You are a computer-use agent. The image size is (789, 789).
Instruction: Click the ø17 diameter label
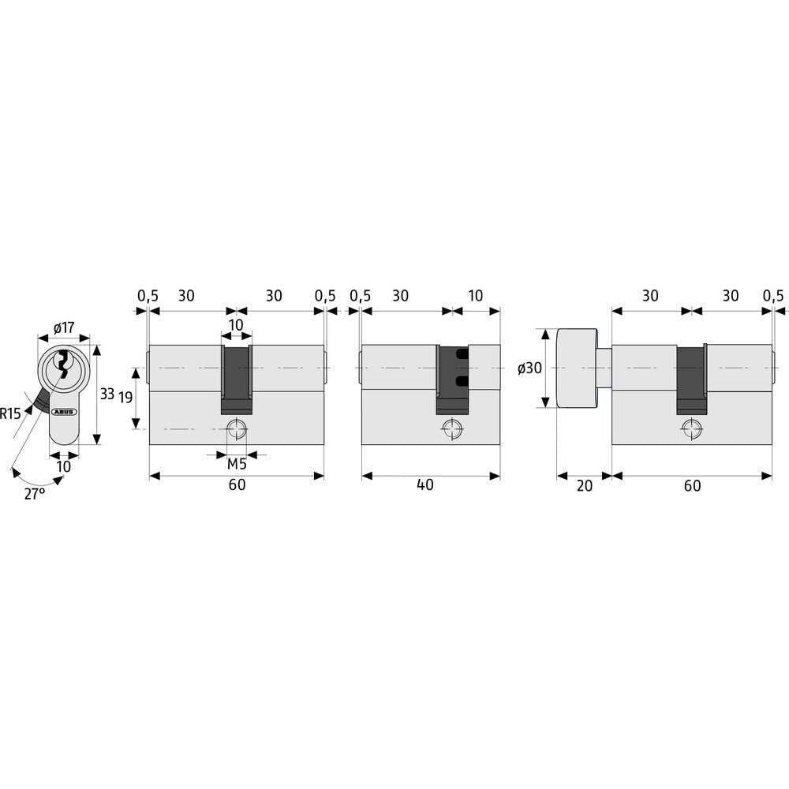point(64,328)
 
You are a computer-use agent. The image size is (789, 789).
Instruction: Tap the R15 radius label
point(10,413)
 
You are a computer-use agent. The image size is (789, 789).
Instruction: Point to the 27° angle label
point(35,494)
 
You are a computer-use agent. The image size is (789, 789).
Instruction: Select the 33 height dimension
point(107,394)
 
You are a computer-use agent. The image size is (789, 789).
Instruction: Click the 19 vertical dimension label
point(125,398)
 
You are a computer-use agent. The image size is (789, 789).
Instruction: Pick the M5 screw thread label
point(237,464)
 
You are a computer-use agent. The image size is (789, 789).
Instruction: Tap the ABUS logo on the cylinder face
point(64,411)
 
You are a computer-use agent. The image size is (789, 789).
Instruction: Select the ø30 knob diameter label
point(530,368)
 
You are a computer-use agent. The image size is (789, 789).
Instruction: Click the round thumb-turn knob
point(578,368)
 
